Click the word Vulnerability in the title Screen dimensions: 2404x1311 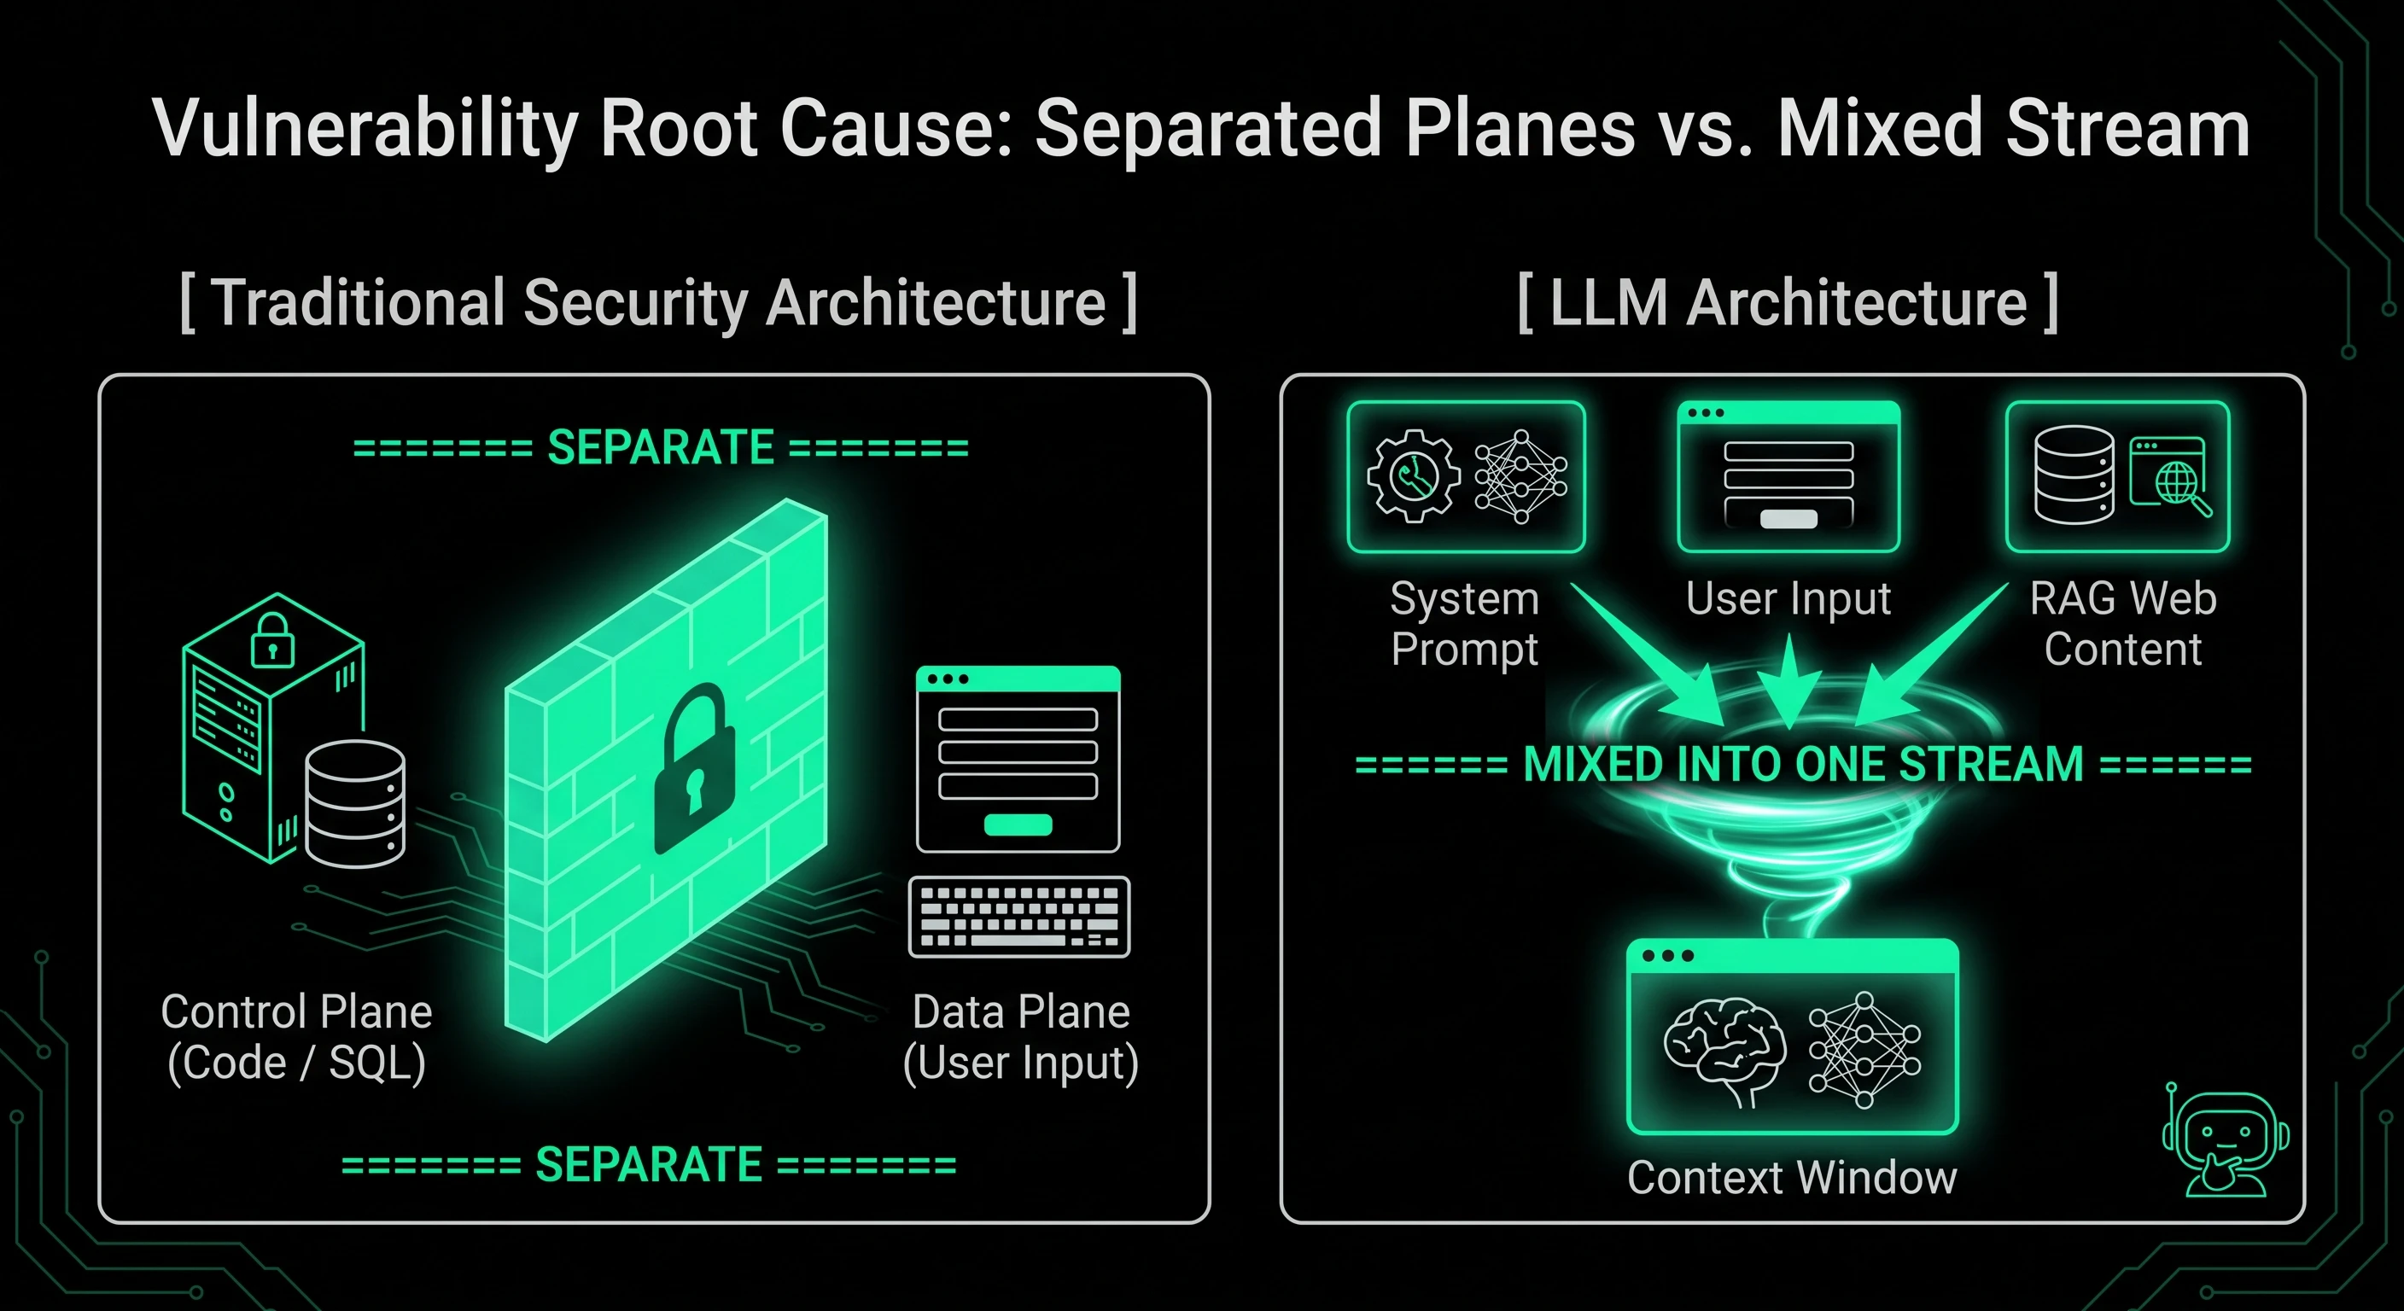click(368, 130)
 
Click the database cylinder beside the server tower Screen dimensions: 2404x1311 click(354, 803)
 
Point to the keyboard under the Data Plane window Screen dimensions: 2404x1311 click(1019, 917)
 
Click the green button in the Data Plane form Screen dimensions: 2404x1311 click(1018, 824)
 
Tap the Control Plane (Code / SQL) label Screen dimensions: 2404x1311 click(297, 1037)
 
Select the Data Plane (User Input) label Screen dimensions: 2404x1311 click(1021, 1037)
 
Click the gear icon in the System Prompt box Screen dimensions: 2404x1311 click(1414, 476)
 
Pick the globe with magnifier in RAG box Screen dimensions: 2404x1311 click(2180, 487)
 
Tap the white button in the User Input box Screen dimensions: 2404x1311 click(1788, 520)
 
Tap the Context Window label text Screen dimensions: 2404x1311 click(1792, 1178)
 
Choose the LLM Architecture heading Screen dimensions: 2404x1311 click(1788, 303)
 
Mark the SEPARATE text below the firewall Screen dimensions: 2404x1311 click(650, 1164)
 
